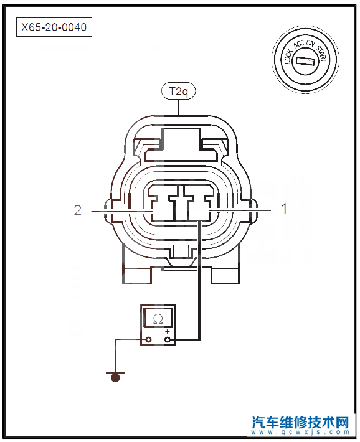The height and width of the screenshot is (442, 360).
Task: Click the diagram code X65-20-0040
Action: (54, 27)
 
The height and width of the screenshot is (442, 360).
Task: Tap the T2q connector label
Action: (178, 92)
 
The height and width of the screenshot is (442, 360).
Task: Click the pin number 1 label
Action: (285, 209)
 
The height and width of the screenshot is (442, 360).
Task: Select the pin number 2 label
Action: (78, 210)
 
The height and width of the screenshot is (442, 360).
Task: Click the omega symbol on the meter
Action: (158, 319)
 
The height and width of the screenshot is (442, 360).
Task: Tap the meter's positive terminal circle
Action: (168, 340)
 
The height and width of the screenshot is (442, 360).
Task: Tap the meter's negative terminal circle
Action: (149, 340)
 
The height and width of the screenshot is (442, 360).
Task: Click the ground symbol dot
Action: (115, 377)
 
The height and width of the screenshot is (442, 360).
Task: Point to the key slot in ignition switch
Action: (306, 61)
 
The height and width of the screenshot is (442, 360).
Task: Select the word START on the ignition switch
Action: (321, 53)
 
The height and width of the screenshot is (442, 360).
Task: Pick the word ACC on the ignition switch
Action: (299, 45)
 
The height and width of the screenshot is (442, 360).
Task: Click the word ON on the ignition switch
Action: (310, 44)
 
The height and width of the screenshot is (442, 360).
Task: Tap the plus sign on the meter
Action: (168, 331)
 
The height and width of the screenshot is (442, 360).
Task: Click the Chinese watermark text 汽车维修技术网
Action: (300, 422)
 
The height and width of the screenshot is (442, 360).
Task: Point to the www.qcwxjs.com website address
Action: (300, 433)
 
